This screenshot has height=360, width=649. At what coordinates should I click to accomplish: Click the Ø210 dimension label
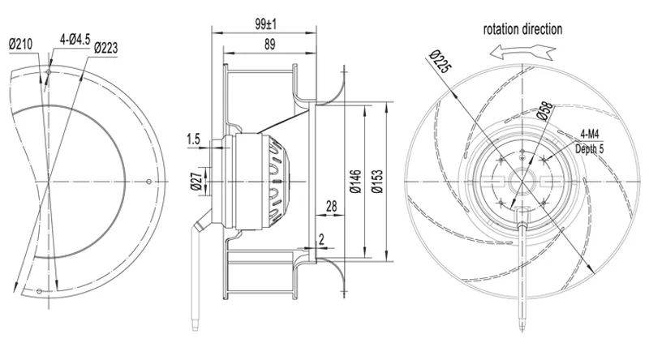pyautogui.click(x=20, y=44)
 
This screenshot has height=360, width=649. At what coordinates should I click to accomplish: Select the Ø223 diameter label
pyautogui.click(x=106, y=49)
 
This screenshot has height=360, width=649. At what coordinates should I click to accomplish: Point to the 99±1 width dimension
pyautogui.click(x=266, y=24)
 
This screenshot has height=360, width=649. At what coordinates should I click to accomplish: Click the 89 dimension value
pyautogui.click(x=269, y=45)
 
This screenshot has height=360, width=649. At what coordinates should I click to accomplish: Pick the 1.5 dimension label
pyautogui.click(x=193, y=139)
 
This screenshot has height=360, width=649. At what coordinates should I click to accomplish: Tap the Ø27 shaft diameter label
pyautogui.click(x=197, y=181)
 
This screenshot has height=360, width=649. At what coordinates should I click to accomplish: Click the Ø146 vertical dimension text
pyautogui.click(x=355, y=181)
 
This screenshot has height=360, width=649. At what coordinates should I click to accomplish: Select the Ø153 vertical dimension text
pyautogui.click(x=377, y=181)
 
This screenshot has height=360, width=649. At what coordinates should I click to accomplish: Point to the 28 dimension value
pyautogui.click(x=332, y=206)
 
